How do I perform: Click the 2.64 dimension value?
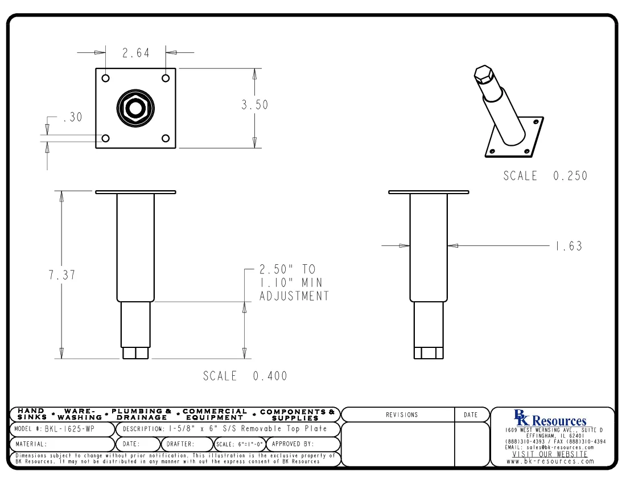point(135,53)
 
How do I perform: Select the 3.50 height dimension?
point(254,105)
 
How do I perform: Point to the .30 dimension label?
point(72,118)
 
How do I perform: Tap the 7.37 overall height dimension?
point(61,275)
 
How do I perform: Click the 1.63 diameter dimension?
point(569,246)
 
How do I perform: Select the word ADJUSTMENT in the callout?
point(294,296)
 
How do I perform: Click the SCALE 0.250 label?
point(545,176)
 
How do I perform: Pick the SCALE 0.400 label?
point(245,376)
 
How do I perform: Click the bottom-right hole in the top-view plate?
point(166,138)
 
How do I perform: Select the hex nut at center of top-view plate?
point(135,108)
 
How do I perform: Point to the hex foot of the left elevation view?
point(135,353)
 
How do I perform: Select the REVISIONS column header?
point(401,415)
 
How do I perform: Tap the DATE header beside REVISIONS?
point(471,415)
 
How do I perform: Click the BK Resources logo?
point(550,419)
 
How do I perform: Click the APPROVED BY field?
point(293,444)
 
